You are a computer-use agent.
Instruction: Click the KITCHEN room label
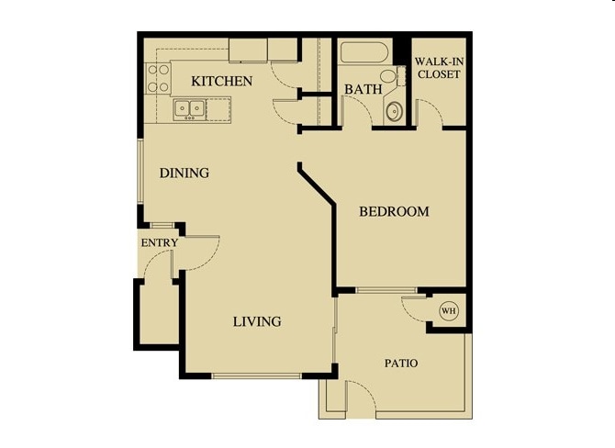click(221, 82)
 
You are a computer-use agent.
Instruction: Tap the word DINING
click(184, 173)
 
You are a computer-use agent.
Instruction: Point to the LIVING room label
click(256, 322)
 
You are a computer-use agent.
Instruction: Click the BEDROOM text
click(394, 212)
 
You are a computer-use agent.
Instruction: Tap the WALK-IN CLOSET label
click(438, 68)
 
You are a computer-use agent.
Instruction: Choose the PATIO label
click(400, 364)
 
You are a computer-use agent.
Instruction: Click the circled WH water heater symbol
click(450, 311)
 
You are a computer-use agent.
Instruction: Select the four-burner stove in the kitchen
click(158, 79)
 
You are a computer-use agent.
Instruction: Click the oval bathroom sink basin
click(393, 112)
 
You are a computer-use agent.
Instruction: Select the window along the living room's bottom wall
click(256, 376)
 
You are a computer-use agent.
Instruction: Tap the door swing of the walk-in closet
click(430, 114)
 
